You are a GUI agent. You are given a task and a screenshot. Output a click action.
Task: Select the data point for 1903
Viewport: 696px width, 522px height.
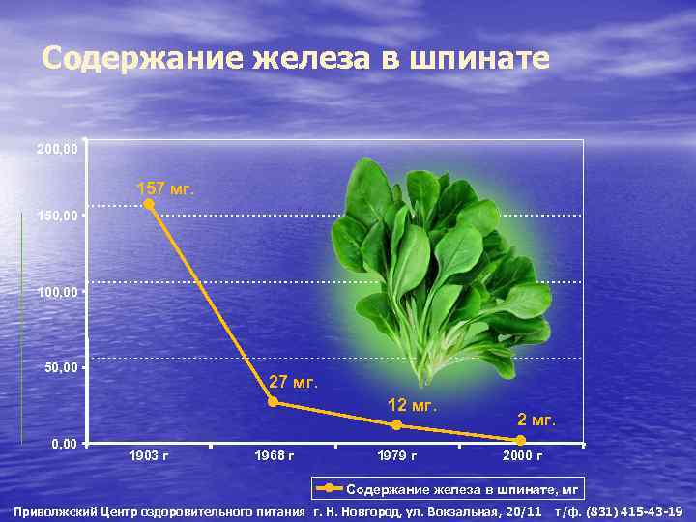pyautogui.click(x=149, y=204)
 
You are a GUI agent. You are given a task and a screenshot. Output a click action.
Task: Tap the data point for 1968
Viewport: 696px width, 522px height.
pyautogui.click(x=273, y=401)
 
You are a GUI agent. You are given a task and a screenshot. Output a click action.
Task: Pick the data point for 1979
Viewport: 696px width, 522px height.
pyautogui.click(x=397, y=425)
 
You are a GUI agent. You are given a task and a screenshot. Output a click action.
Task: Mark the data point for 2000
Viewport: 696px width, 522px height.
pyautogui.click(x=521, y=441)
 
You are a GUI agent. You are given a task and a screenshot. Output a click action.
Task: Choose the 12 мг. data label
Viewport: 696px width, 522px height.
pyautogui.click(x=413, y=404)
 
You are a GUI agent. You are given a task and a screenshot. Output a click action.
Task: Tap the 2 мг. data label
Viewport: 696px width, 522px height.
pyautogui.click(x=536, y=419)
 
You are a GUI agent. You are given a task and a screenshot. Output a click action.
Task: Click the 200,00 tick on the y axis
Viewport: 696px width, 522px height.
pyautogui.click(x=56, y=150)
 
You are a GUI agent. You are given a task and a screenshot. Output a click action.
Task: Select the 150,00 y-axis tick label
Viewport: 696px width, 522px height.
pyautogui.click(x=56, y=215)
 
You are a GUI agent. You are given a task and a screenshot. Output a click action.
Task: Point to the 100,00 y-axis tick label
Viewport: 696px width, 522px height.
pyautogui.click(x=56, y=291)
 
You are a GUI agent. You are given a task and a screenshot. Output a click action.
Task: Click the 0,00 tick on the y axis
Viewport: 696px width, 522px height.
pyautogui.click(x=64, y=444)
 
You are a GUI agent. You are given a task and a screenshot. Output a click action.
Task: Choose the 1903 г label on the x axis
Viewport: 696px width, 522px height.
pyautogui.click(x=149, y=455)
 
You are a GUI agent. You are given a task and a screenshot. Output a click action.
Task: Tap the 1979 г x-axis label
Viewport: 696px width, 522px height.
pyautogui.click(x=397, y=455)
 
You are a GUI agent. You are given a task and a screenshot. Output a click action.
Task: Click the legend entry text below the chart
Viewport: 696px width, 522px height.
pyautogui.click(x=462, y=490)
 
